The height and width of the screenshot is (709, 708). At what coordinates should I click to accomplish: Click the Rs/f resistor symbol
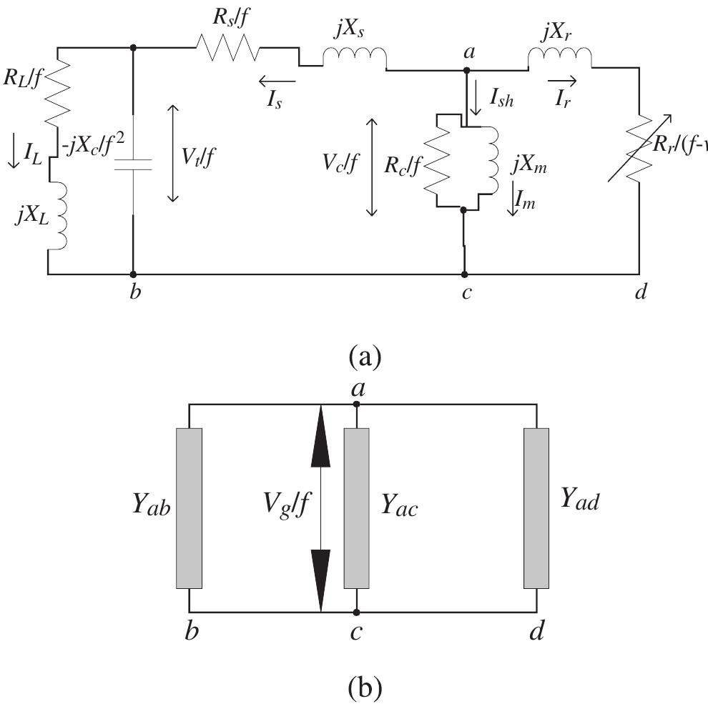click(227, 49)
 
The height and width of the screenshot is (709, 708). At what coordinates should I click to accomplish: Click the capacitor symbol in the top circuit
click(133, 166)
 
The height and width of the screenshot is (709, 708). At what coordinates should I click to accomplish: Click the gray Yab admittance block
click(190, 508)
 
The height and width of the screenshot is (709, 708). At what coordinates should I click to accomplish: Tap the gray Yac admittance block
click(356, 508)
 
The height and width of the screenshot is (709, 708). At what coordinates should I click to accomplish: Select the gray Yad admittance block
click(536, 508)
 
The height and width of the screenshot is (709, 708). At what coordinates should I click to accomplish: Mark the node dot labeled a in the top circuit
click(466, 70)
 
